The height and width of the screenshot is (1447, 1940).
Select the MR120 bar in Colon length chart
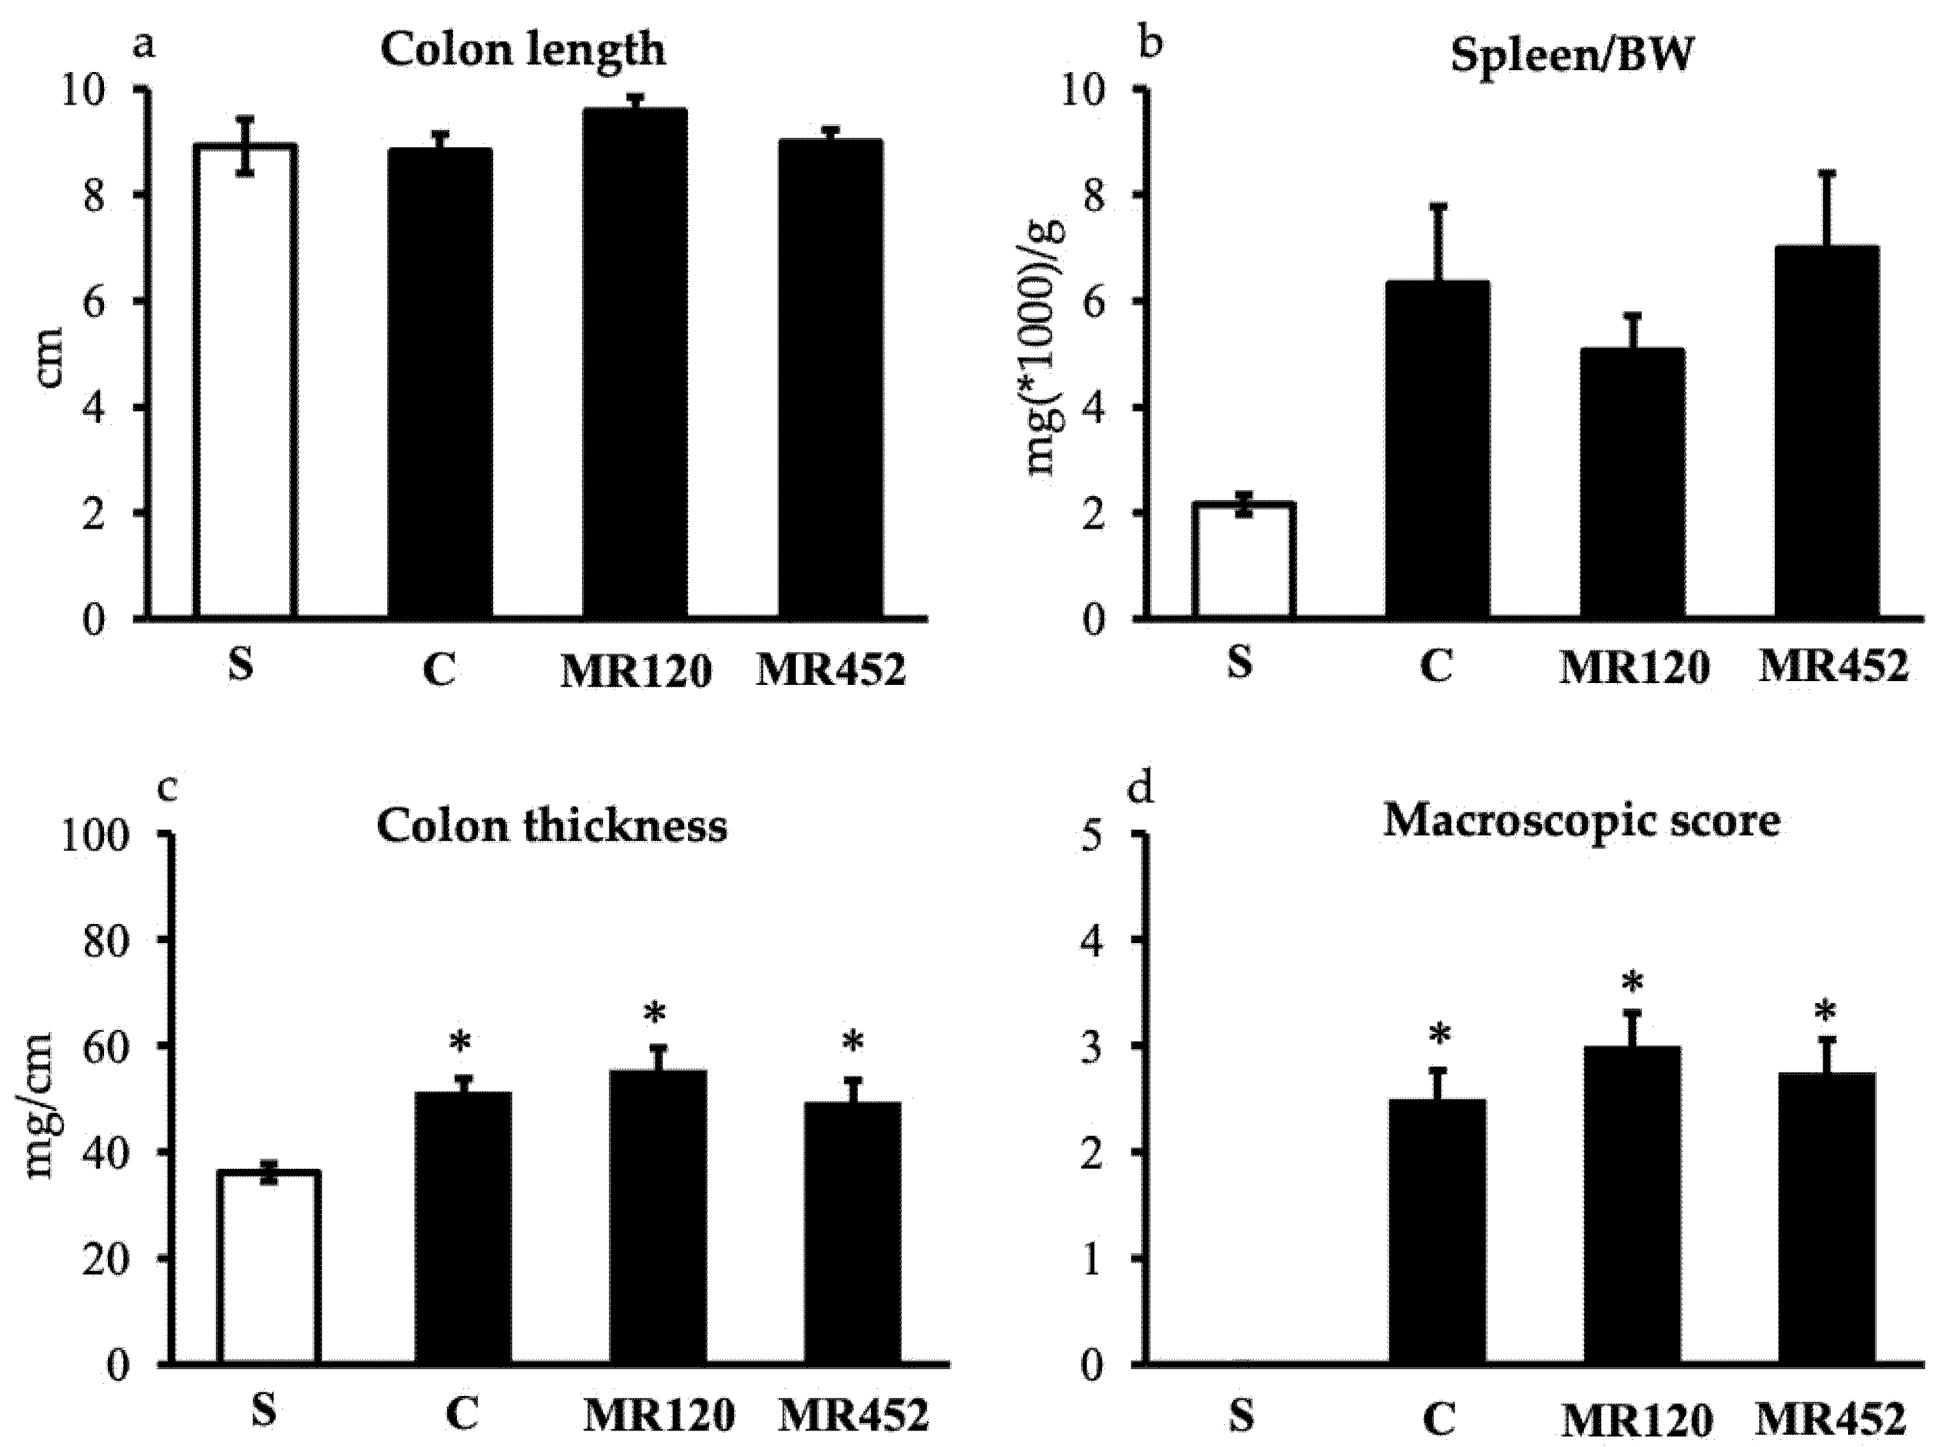[635, 364]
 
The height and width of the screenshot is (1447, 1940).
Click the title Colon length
[523, 50]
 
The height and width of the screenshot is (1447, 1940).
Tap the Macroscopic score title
[1583, 821]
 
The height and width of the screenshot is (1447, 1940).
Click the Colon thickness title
[552, 826]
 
